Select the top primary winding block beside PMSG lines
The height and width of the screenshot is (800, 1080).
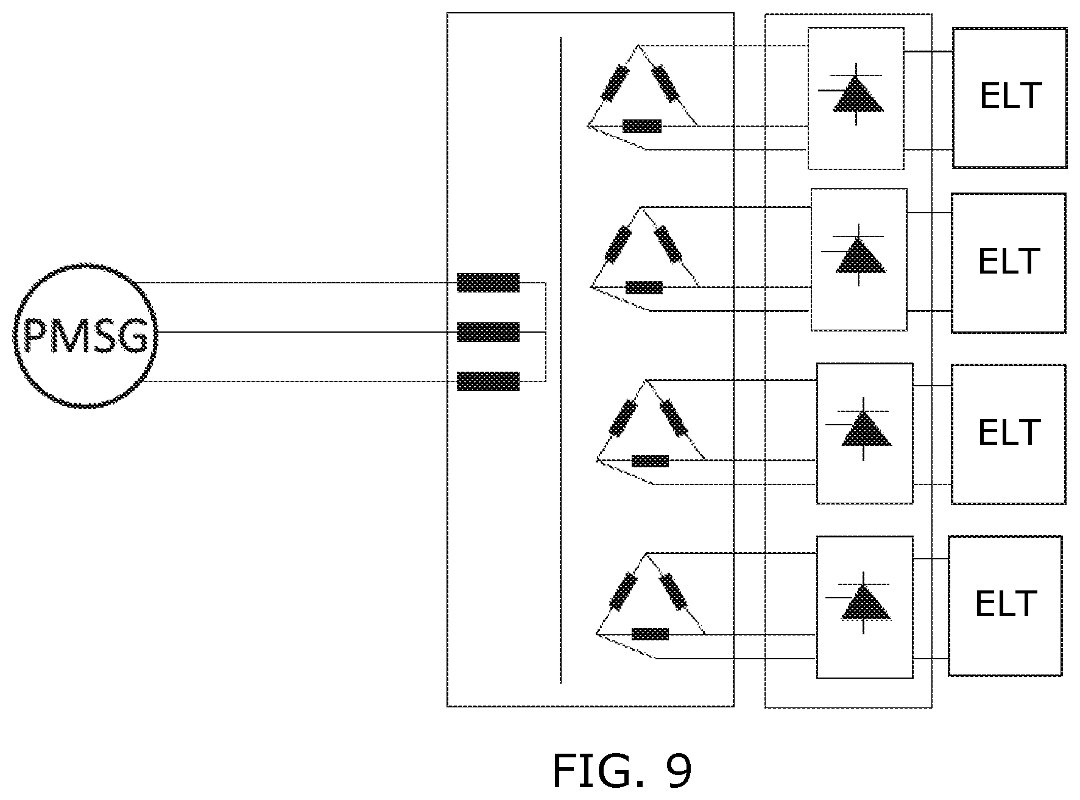488,283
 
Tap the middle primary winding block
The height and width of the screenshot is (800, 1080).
488,332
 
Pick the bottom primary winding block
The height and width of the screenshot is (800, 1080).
488,381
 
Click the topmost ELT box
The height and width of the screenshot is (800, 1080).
1009,97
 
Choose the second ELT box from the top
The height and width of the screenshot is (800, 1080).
1009,263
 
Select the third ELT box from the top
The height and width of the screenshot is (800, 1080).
1009,434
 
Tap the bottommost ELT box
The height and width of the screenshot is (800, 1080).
1005,606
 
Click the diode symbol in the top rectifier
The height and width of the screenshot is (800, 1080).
856,94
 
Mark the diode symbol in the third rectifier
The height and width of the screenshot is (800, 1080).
865,428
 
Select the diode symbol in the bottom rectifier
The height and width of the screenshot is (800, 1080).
865,603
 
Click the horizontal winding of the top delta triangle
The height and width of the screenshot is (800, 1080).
642,126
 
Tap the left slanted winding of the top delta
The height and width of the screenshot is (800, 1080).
615,83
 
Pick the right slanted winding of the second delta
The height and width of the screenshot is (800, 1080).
668,244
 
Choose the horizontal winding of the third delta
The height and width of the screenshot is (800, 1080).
650,461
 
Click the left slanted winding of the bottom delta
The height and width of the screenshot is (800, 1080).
623,592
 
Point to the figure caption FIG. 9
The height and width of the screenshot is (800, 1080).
622,771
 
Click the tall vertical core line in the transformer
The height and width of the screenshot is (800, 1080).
560,360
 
